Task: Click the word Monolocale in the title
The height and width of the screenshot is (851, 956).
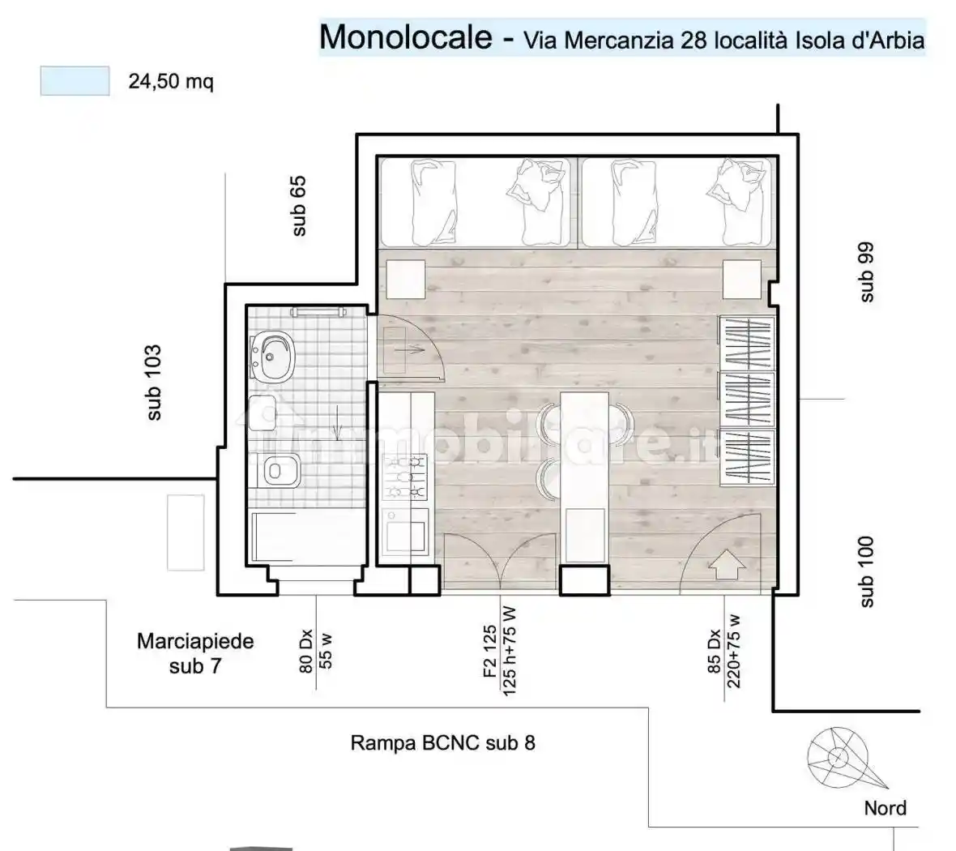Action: [405, 37]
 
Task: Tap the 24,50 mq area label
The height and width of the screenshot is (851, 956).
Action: [171, 82]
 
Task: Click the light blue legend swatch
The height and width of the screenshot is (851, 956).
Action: [75, 82]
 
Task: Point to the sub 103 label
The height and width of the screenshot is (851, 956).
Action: [153, 383]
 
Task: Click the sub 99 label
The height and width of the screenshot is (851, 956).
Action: [866, 272]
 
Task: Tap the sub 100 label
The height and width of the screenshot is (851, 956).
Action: [866, 571]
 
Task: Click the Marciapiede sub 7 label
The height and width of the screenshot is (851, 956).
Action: [195, 653]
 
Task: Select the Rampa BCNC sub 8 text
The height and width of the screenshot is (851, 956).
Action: [442, 742]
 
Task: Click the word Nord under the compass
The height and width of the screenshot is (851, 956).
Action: [885, 807]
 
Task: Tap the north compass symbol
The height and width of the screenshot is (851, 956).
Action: [838, 759]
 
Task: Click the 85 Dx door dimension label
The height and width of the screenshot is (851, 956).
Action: [714, 652]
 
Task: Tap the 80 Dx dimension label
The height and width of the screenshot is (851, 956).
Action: [306, 653]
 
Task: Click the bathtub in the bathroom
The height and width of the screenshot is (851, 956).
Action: [305, 540]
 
